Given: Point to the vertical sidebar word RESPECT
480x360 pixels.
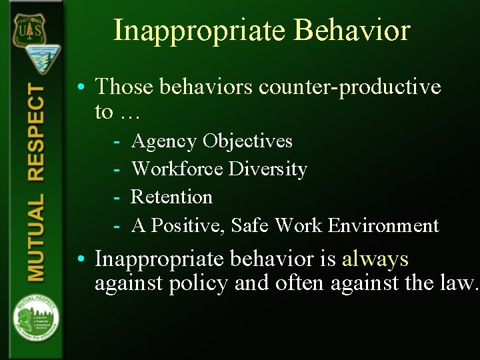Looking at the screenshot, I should (x=36, y=133).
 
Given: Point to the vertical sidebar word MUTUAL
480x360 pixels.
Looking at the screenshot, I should (x=36, y=237).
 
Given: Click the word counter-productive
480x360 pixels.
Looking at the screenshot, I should (x=349, y=87).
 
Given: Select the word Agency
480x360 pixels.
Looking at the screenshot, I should (x=164, y=141).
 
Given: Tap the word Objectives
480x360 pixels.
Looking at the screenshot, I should (x=247, y=141).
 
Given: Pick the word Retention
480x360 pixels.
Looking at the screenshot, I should (x=172, y=197).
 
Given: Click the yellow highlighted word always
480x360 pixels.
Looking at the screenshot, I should (x=375, y=259).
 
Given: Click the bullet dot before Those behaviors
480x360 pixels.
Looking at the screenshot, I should (x=80, y=87).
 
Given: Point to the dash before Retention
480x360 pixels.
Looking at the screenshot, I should (x=116, y=197).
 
